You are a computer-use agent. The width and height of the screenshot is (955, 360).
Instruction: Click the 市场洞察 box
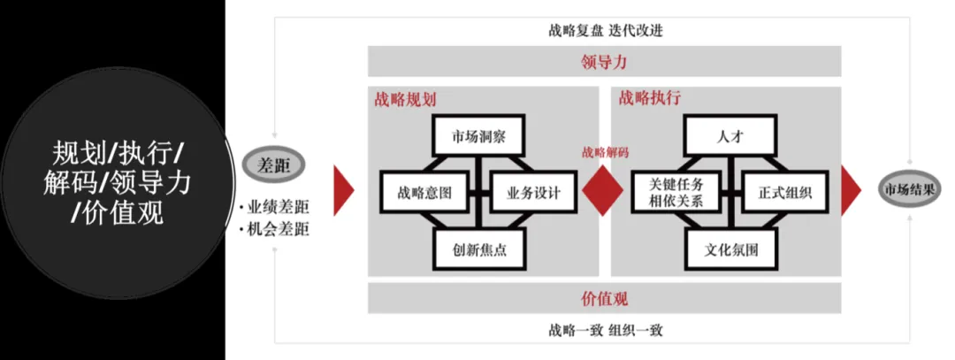[x=478, y=136]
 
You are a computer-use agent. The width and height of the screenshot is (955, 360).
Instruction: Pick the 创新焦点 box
[x=478, y=249]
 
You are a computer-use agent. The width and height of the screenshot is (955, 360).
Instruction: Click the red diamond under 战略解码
[x=605, y=189]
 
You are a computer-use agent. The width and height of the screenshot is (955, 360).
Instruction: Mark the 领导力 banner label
[x=604, y=62]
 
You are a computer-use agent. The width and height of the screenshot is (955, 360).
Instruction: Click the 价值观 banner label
[x=604, y=299]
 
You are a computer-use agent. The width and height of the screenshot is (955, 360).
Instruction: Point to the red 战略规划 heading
[x=405, y=98]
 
